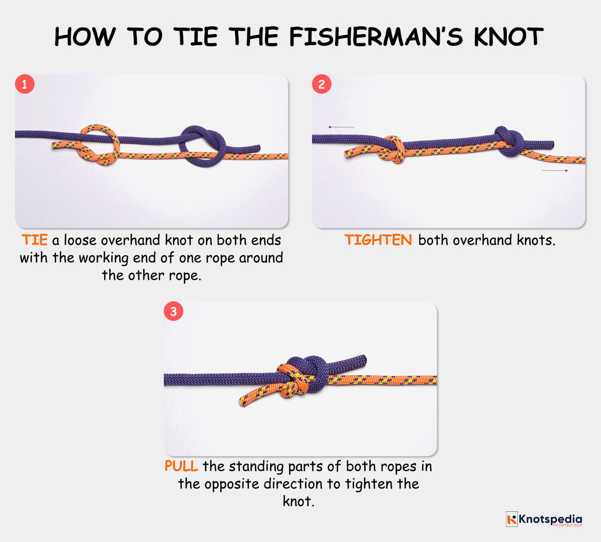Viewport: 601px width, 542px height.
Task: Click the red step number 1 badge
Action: point(25,84)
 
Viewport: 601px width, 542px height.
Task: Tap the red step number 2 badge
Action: point(322,84)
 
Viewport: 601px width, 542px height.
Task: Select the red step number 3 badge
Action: point(173,311)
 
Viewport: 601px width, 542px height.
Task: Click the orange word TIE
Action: point(35,240)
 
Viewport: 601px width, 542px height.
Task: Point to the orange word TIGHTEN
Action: point(378,240)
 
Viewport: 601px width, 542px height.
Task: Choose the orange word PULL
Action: point(181,466)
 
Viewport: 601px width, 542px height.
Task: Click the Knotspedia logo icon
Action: point(511,519)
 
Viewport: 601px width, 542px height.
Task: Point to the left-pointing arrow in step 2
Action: point(341,127)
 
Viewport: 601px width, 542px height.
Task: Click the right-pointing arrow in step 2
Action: point(555,171)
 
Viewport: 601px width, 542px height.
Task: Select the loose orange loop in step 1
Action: point(98,145)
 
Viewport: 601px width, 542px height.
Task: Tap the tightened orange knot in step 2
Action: point(393,149)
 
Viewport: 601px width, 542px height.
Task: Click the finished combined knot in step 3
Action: point(302,377)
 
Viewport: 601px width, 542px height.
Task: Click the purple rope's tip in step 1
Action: point(257,147)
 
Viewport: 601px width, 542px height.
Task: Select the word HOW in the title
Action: point(84,37)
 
